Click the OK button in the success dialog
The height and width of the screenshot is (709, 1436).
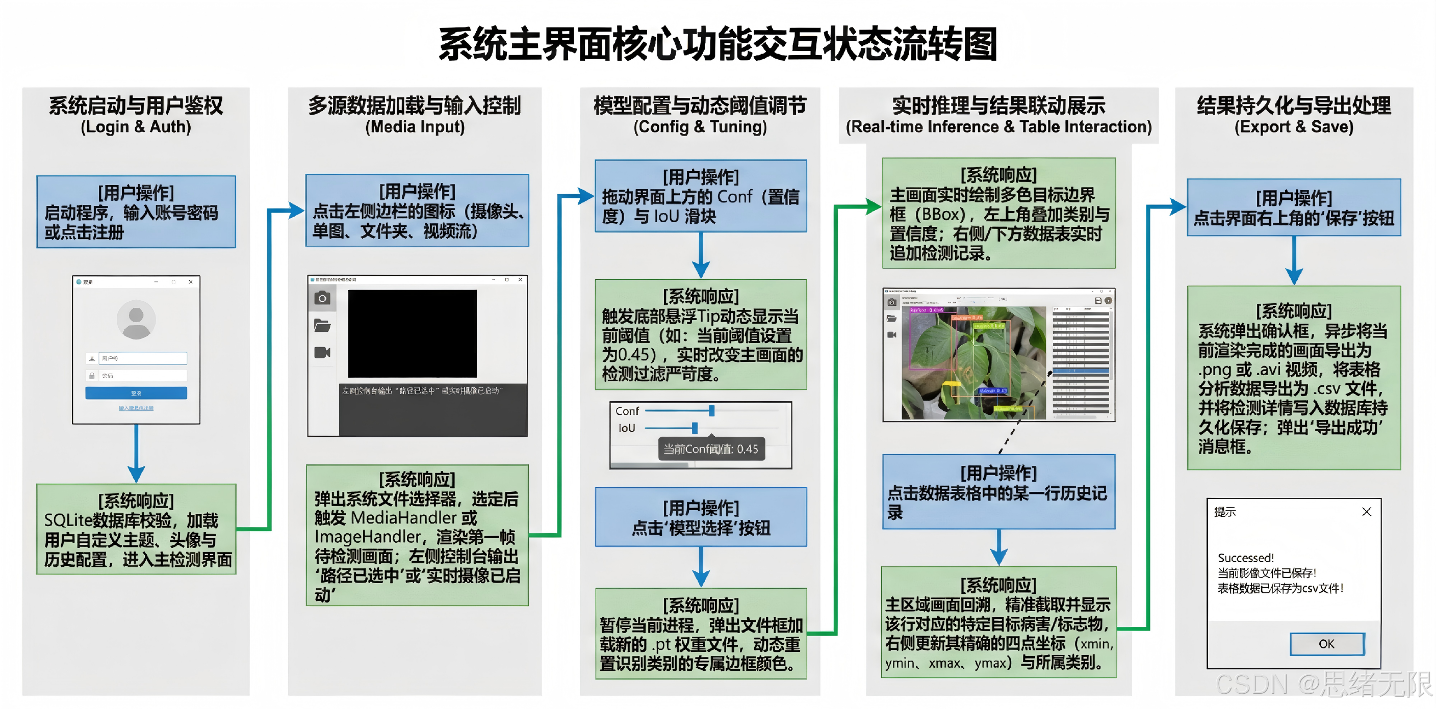coord(1327,644)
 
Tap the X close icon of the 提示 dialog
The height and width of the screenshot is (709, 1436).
coord(1366,512)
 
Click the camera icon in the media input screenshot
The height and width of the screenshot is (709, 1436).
coord(322,298)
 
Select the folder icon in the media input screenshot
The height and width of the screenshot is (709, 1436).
coord(322,326)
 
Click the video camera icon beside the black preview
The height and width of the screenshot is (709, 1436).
coord(322,352)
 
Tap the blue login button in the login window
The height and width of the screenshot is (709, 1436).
coord(136,393)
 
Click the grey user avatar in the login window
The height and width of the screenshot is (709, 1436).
coord(136,320)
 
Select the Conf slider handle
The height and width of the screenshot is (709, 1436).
coord(712,411)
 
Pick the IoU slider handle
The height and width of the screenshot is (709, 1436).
coord(695,428)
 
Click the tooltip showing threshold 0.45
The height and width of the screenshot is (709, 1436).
coord(711,449)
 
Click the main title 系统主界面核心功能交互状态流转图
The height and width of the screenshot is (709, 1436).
coord(717,44)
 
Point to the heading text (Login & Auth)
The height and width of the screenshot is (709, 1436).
coord(136,127)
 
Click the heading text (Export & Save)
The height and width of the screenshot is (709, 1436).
coord(1293,127)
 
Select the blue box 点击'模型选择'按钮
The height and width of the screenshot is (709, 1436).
coord(701,517)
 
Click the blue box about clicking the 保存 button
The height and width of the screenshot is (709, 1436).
coord(1293,208)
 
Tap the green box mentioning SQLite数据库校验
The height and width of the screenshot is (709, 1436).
coord(136,529)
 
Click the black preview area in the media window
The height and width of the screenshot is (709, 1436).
coord(412,333)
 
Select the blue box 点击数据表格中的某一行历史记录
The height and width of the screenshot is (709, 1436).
coord(998,492)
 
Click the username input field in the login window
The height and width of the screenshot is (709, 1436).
coord(143,358)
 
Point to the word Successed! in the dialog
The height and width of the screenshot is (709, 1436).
coord(1245,558)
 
